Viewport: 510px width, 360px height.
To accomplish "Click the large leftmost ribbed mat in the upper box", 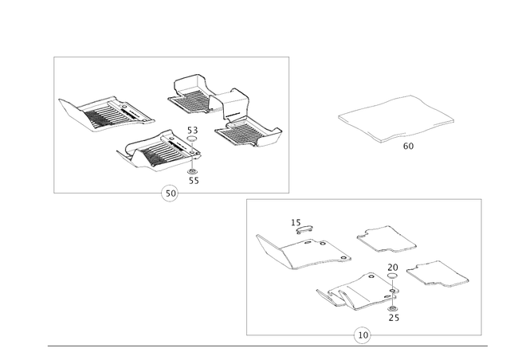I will point(108,114).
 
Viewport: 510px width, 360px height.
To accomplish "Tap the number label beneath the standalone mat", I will point(409,146).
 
